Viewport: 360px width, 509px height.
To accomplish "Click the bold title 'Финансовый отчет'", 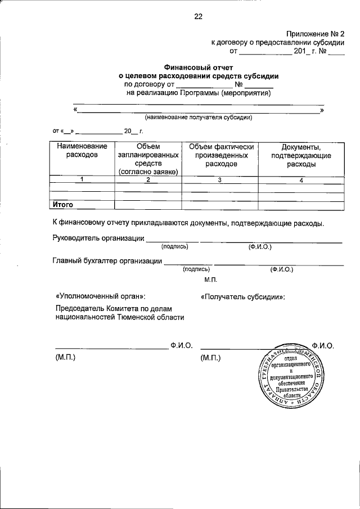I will (x=198, y=66).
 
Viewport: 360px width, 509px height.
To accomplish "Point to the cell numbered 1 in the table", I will (x=82, y=180).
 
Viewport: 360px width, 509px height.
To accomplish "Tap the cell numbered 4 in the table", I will (x=301, y=180).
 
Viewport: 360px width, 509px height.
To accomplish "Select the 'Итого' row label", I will (x=63, y=205).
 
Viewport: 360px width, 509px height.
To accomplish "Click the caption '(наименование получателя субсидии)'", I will (x=198, y=118).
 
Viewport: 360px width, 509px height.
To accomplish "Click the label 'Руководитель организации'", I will (x=98, y=238).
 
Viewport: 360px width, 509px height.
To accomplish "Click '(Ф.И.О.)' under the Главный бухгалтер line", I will (x=281, y=269).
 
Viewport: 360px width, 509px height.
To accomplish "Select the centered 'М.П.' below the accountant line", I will (x=211, y=280).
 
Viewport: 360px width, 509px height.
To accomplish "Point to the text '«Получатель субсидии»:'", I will (x=242, y=296).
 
